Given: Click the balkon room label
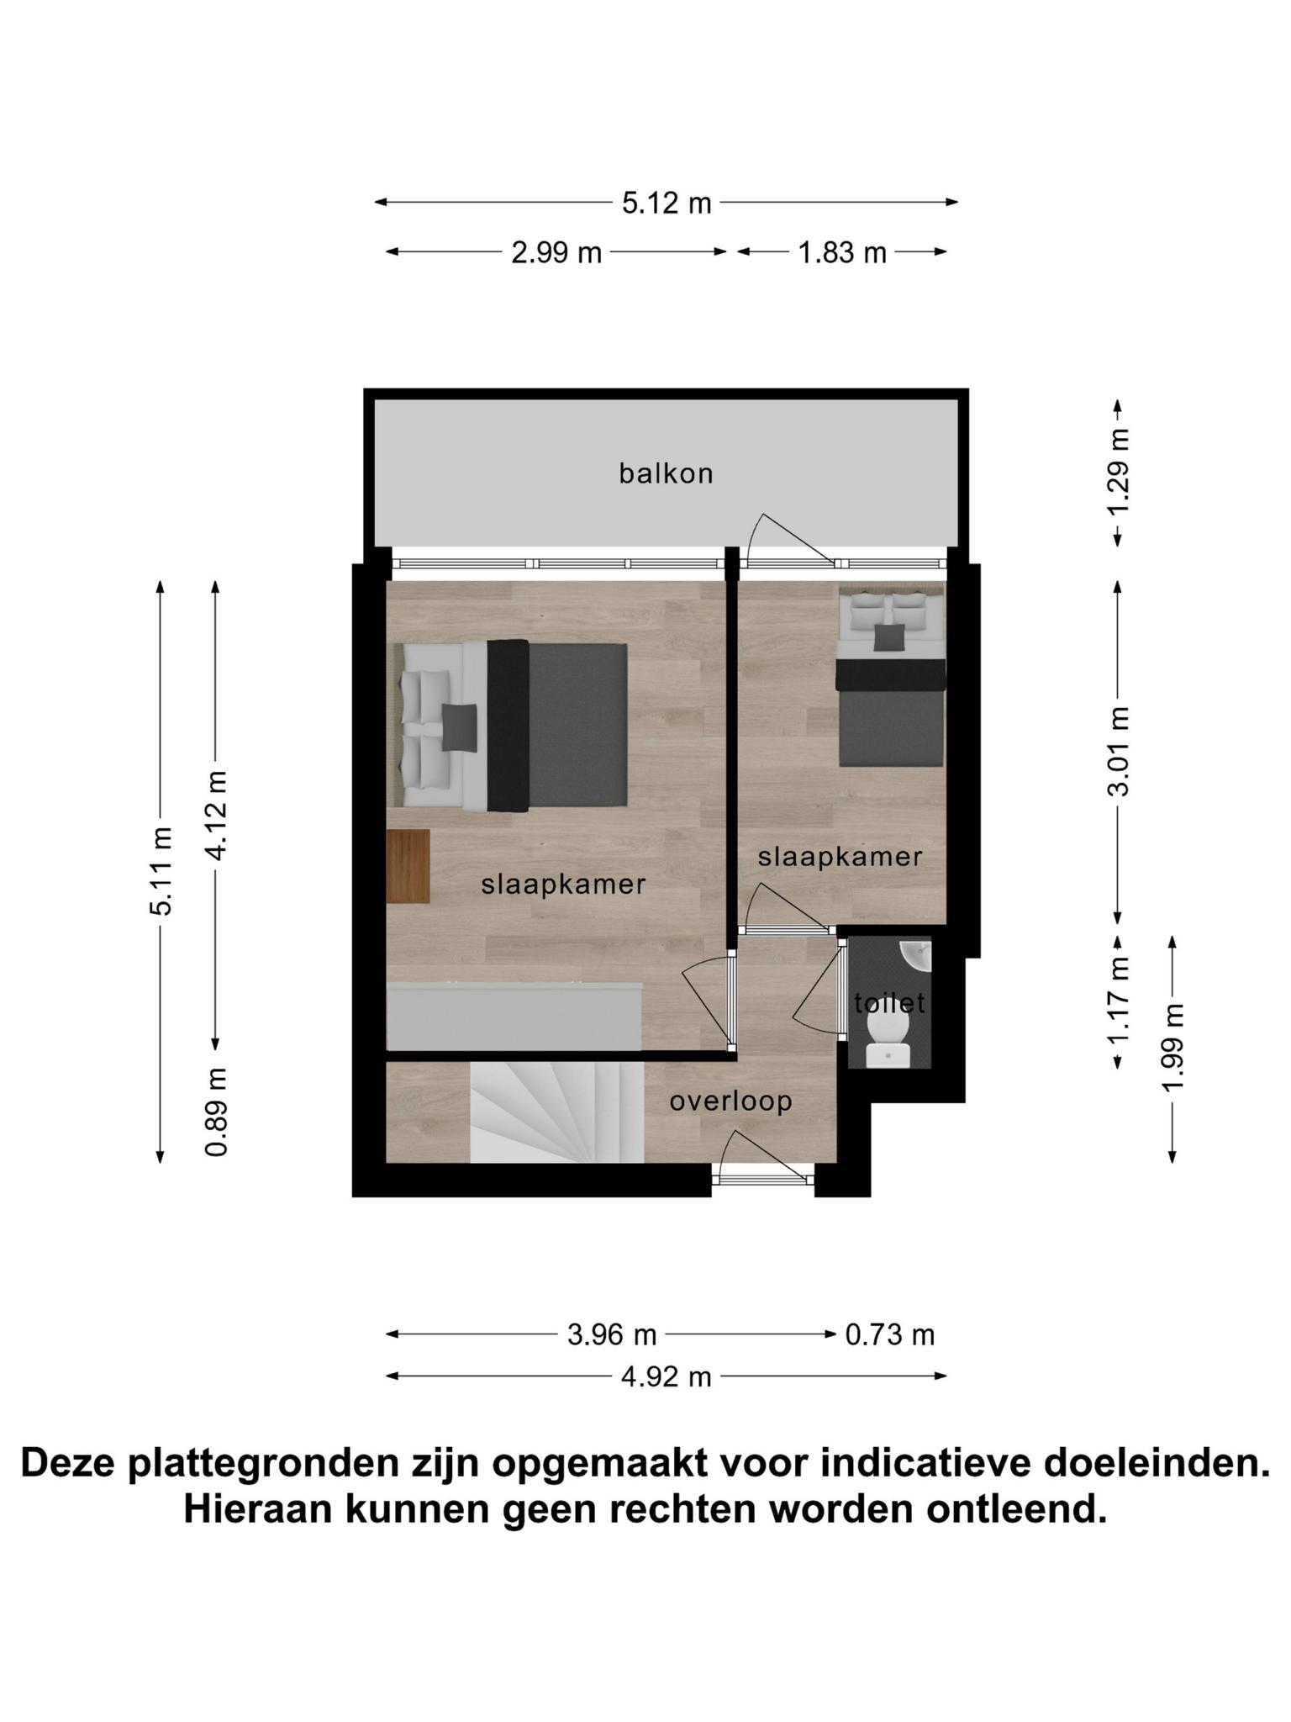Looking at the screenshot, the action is (x=666, y=474).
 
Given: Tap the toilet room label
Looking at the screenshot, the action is (x=889, y=1003).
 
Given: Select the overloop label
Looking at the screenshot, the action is (x=731, y=1101).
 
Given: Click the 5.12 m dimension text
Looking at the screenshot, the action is (x=667, y=203).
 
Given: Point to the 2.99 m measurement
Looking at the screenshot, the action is (x=556, y=252).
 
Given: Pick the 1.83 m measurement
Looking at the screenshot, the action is (x=842, y=252).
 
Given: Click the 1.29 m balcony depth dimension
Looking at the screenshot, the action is (x=1118, y=473).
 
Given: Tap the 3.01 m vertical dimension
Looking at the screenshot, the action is (x=1118, y=752).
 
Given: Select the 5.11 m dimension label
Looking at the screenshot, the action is (x=161, y=871).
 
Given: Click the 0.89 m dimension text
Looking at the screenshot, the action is (x=216, y=1112).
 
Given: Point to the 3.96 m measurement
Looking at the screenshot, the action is (x=612, y=1334).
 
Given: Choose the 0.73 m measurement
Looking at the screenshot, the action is (x=890, y=1334).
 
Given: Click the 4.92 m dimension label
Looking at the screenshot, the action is (x=667, y=1376).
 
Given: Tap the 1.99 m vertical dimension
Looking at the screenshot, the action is (x=1172, y=1048).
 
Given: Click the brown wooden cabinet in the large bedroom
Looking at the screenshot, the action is (x=408, y=866).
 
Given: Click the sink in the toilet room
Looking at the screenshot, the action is (x=916, y=956).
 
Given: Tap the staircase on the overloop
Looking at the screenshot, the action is (x=556, y=1112).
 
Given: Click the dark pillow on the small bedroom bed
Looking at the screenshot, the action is (x=886, y=637).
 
